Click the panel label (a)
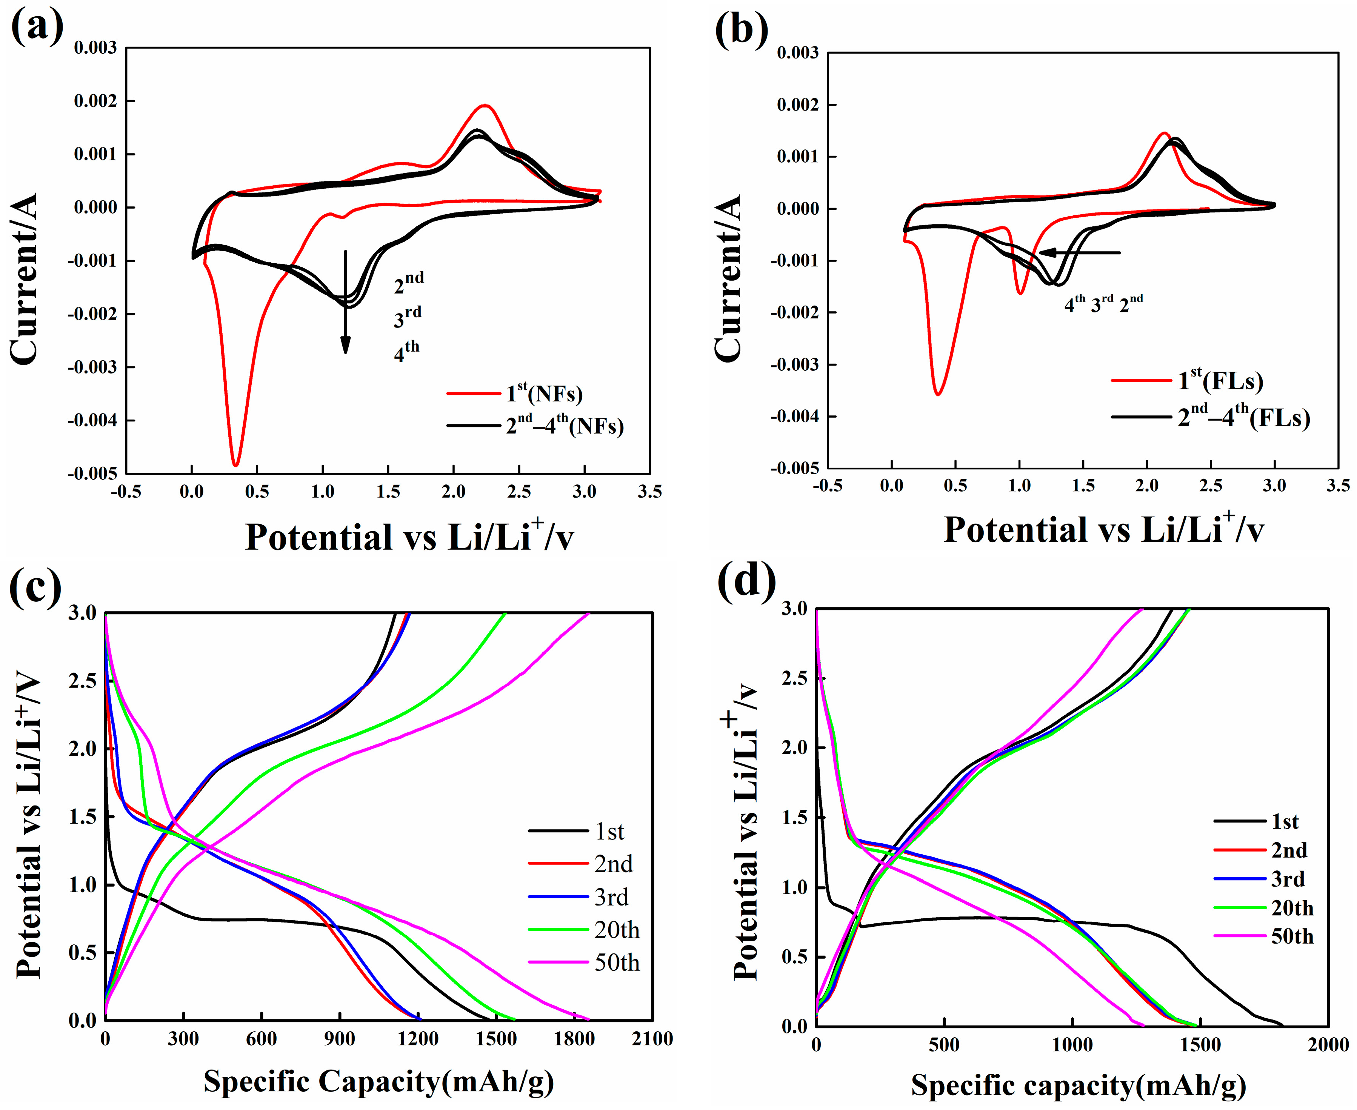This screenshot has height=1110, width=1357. click(x=37, y=27)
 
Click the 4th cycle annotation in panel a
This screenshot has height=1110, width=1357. click(x=407, y=351)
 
